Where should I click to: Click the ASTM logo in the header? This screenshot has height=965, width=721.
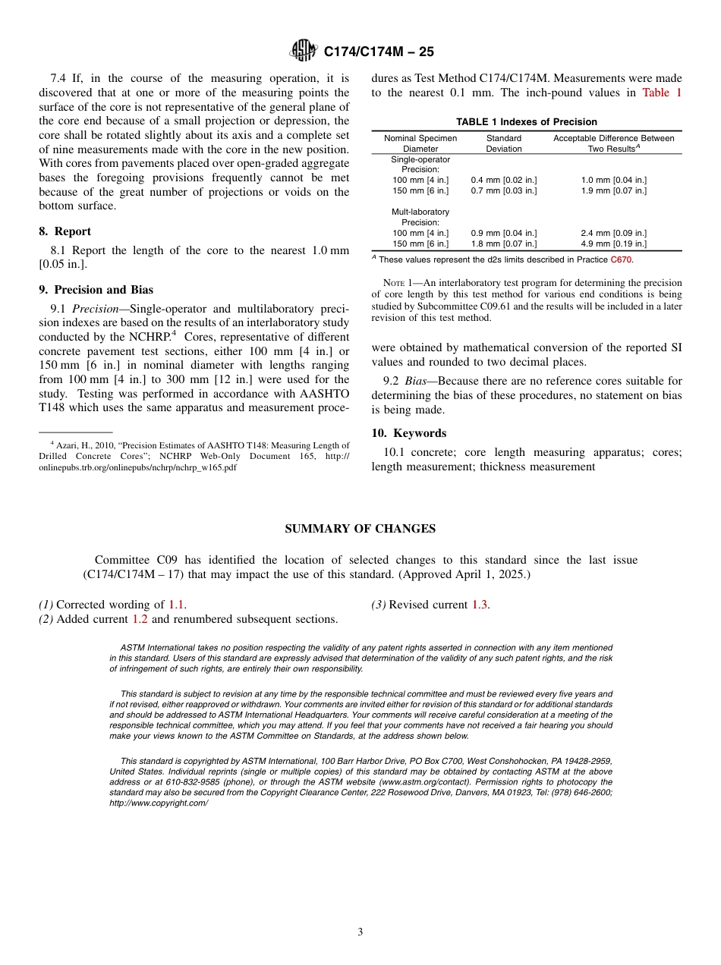pyautogui.click(x=304, y=52)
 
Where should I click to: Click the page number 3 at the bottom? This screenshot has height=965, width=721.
pyautogui.click(x=360, y=932)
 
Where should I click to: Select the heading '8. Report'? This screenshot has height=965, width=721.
pyautogui.click(x=65, y=231)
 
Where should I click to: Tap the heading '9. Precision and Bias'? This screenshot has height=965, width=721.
pyautogui.click(x=96, y=290)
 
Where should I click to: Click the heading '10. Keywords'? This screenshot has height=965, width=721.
pyautogui.click(x=408, y=433)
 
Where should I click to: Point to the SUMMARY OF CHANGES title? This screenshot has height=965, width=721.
pyautogui.click(x=360, y=529)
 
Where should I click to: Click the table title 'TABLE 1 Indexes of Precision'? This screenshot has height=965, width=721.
pyautogui.click(x=526, y=122)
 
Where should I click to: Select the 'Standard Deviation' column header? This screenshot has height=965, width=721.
pyautogui.click(x=504, y=143)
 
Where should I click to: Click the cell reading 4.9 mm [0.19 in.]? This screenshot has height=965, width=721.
pyautogui.click(x=613, y=244)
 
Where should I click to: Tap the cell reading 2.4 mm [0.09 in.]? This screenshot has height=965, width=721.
pyautogui.click(x=613, y=233)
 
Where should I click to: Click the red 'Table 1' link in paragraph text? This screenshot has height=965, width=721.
pyautogui.click(x=662, y=93)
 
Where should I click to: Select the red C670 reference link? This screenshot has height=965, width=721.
pyautogui.click(x=621, y=260)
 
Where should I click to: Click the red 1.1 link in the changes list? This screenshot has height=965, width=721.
pyautogui.click(x=176, y=605)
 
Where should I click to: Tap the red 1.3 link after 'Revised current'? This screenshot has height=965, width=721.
pyautogui.click(x=480, y=605)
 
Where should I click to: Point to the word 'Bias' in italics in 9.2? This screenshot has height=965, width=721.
pyautogui.click(x=415, y=381)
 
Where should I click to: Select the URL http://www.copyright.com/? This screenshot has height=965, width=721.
pyautogui.click(x=159, y=803)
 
